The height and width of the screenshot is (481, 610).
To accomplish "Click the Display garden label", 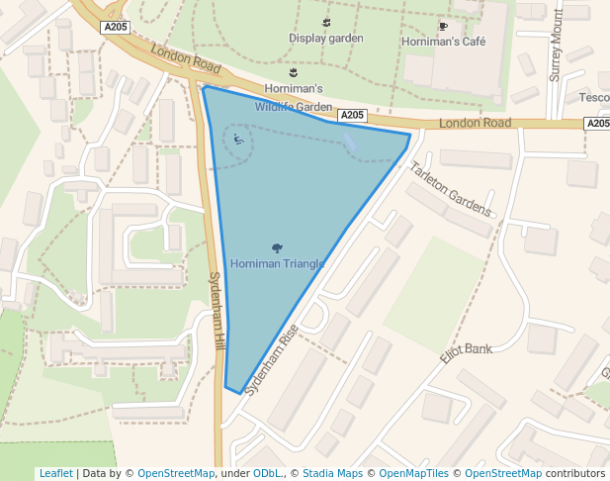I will [326, 39].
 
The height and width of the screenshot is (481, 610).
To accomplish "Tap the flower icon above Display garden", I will [326, 22].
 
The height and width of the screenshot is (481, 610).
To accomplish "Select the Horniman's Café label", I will [442, 42].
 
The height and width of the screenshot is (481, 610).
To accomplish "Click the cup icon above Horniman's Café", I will [443, 26].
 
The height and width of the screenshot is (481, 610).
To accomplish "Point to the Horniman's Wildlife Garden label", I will [293, 98].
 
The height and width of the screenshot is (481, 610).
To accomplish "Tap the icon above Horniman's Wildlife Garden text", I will [293, 72].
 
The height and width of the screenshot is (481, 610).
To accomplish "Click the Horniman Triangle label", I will [277, 264].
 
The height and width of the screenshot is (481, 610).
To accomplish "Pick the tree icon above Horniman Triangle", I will [276, 247].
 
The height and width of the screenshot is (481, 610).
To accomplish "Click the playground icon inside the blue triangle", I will [237, 141].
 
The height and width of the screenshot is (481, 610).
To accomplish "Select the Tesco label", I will [595, 97].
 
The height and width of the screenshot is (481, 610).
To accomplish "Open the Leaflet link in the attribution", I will [55, 473].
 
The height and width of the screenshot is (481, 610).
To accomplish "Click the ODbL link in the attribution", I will [267, 473].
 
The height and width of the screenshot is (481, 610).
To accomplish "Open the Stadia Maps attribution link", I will [332, 473].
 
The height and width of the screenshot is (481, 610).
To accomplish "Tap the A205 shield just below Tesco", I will [596, 124].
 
